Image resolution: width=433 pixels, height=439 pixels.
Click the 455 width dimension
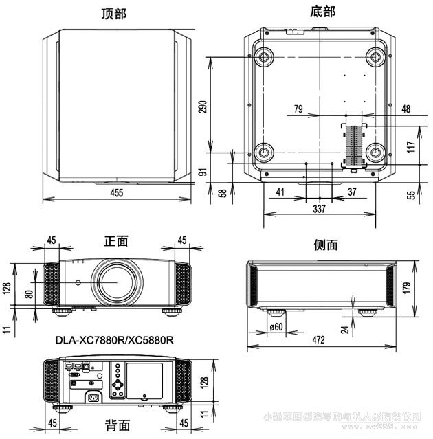[117, 193]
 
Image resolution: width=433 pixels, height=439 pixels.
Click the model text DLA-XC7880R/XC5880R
[113, 339]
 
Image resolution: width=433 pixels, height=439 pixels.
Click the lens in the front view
[115, 281]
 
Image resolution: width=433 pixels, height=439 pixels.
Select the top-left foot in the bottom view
[263, 55]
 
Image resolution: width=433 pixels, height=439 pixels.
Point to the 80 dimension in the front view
[28, 294]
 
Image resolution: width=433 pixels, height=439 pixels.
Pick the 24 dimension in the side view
[346, 329]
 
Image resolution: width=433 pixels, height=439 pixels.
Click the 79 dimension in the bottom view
[298, 109]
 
